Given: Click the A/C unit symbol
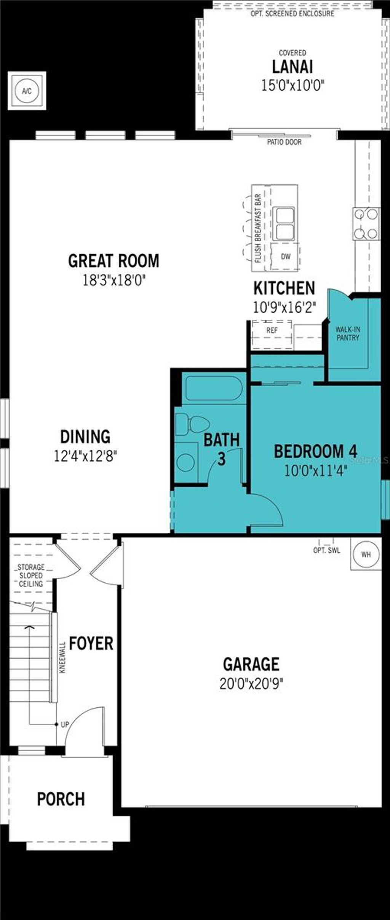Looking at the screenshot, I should click(27, 91).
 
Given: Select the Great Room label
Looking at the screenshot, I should click(113, 261).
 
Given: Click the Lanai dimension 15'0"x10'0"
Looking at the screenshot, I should click(292, 85).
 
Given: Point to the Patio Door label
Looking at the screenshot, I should click(284, 142).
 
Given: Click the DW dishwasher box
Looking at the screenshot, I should click(286, 256).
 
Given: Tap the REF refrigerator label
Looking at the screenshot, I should click(272, 330).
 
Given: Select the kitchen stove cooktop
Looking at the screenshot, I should click(366, 224).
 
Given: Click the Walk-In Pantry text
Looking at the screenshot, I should click(348, 333).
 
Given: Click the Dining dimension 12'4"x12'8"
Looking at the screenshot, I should click(85, 456).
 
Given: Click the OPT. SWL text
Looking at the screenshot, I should click(326, 550).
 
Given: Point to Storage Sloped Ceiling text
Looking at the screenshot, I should click(31, 575).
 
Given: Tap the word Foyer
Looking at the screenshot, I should click(91, 643).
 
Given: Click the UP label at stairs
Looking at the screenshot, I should click(65, 724).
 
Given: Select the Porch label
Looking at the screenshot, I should click(61, 799).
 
